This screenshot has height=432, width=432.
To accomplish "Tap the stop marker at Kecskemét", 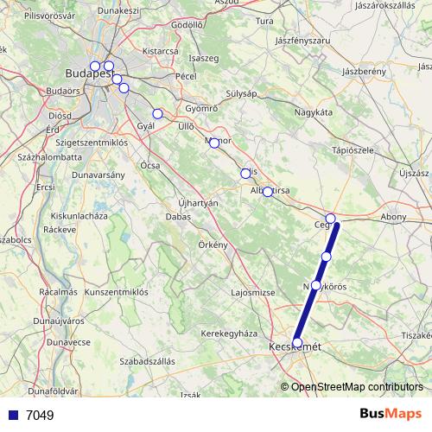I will coord(298,343).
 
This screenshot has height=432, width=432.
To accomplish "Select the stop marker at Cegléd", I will coord(330,218).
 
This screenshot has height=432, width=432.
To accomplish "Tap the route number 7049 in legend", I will coord(40,416).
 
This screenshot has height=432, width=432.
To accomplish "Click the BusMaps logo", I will coord(392,414).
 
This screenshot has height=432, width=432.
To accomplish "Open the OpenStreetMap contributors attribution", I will coord(357,387).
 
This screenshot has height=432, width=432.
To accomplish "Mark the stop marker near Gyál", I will coord(157,114).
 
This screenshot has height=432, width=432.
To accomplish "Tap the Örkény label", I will coord(211,245).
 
